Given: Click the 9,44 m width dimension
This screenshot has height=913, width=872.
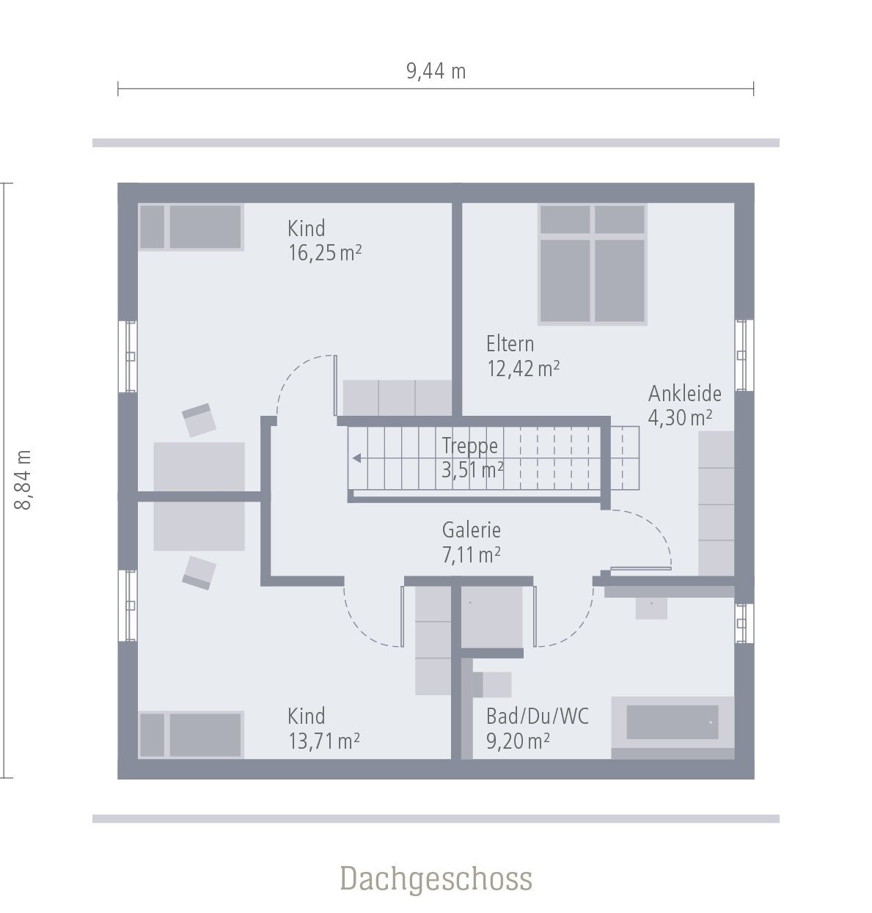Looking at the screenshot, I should click(x=436, y=71).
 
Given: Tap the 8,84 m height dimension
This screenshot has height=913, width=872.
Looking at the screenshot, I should click(x=23, y=480).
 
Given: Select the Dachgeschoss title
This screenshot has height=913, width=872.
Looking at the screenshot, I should click(x=436, y=879).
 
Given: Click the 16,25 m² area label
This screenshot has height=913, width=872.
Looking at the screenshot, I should click(x=324, y=253).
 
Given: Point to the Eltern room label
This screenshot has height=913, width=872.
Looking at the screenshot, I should click(x=510, y=344).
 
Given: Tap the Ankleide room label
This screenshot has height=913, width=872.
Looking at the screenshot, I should click(x=684, y=394).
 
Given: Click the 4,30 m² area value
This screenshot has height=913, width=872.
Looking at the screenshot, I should click(x=680, y=418).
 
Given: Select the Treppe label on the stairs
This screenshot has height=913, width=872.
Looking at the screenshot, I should click(x=469, y=446).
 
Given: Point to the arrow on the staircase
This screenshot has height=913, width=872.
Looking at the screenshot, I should click(x=357, y=459).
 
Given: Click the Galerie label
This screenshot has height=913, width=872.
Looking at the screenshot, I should click(x=471, y=530).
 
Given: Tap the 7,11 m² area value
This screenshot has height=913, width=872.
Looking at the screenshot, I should click(x=471, y=555).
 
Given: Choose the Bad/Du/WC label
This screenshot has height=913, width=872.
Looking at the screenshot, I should click(x=537, y=716).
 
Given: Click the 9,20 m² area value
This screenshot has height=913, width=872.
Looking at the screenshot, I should click(x=518, y=741).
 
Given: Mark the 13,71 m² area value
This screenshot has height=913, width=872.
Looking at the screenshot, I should click(x=323, y=741).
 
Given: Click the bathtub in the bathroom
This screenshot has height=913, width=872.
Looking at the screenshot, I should click(x=672, y=723).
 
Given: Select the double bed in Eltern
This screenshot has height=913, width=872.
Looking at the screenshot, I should click(x=592, y=263).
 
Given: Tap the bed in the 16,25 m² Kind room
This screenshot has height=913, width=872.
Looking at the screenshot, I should click(x=190, y=227).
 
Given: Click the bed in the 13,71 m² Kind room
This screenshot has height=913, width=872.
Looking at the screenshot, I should click(x=190, y=734).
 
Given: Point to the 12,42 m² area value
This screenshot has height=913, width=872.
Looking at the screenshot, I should click(x=523, y=368).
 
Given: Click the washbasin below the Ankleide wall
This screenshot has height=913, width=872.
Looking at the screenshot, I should click(x=651, y=607).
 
